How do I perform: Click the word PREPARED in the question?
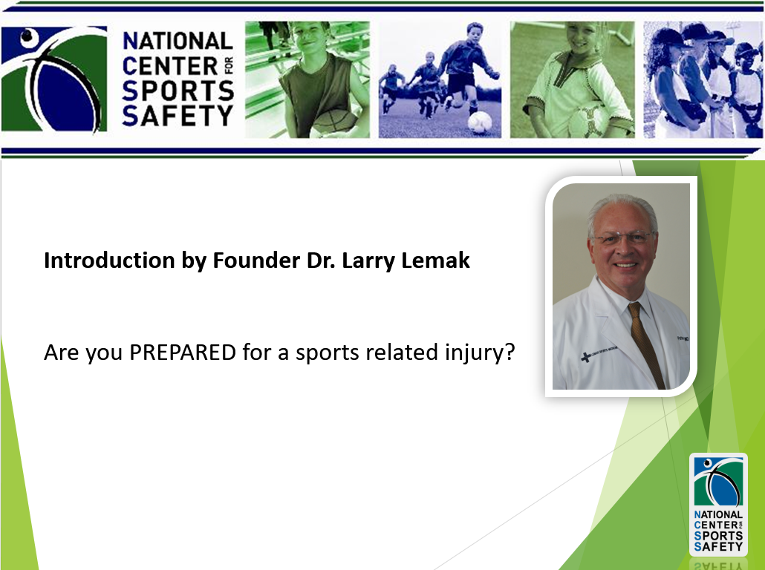(x=183, y=352)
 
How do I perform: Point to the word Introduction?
(x=110, y=261)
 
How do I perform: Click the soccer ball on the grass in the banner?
(x=480, y=123)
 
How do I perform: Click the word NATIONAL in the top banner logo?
(x=178, y=41)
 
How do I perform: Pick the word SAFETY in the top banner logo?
(x=178, y=116)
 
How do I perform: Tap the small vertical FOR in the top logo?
(x=228, y=66)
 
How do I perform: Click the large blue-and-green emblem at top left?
(x=54, y=79)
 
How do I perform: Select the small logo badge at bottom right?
(x=718, y=505)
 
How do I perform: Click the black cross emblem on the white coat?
(x=585, y=358)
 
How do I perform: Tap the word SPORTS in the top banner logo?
(x=178, y=91)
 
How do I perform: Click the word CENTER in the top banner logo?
(x=170, y=66)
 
